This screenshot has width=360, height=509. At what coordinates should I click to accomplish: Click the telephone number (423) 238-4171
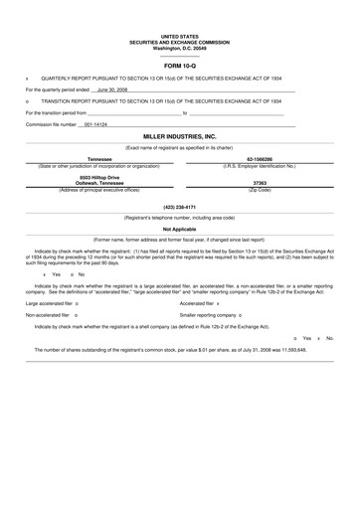click(179, 207)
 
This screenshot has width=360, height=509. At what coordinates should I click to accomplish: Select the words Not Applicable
click(179, 229)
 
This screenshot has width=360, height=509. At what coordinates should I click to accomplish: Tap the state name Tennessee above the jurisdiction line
click(100, 159)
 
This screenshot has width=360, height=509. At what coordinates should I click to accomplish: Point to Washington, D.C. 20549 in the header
click(179, 49)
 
